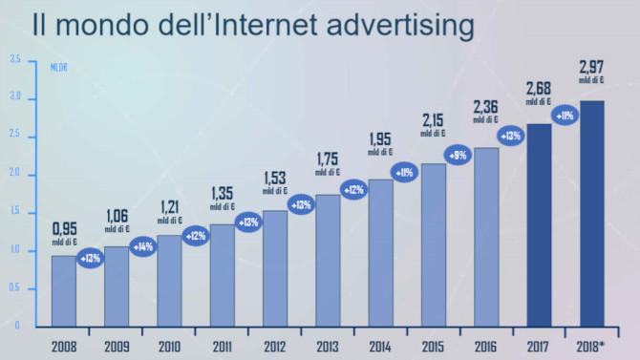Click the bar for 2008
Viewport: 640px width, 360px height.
tap(63, 290)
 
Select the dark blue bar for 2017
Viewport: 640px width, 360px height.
tap(538, 224)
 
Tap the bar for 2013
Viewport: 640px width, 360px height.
tap(328, 260)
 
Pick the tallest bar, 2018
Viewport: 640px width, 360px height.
tap(590, 213)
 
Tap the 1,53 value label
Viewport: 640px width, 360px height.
tap(274, 179)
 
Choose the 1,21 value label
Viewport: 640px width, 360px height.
tap(169, 205)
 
